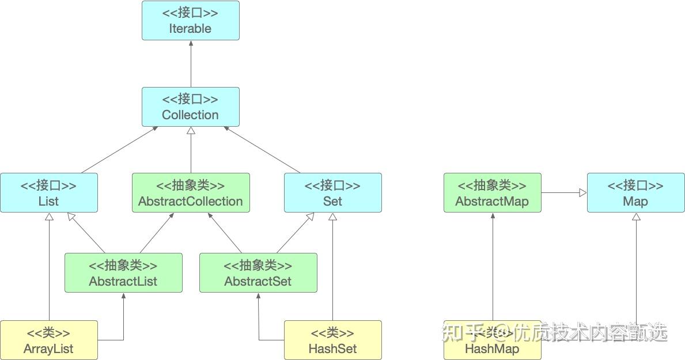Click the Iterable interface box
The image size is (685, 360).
pyautogui.click(x=190, y=21)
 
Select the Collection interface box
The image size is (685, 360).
pyautogui.click(x=190, y=107)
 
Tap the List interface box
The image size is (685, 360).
pyautogui.click(x=48, y=193)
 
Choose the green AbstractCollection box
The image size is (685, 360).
pyautogui.click(x=190, y=193)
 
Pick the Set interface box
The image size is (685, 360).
pyautogui.click(x=332, y=193)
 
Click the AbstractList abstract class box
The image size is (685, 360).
pyautogui.click(x=123, y=273)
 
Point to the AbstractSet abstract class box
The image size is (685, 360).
pyautogui.click(x=258, y=273)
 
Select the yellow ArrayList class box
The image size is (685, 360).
pyautogui.click(x=48, y=340)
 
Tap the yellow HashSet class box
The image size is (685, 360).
pyautogui.click(x=332, y=340)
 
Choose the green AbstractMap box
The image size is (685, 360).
pyautogui.click(x=492, y=193)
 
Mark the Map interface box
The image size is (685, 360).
pyautogui.click(x=635, y=193)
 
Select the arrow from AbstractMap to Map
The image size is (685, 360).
pyautogui.click(x=563, y=193)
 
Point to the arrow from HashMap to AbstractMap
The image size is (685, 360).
pyautogui.click(x=493, y=265)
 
